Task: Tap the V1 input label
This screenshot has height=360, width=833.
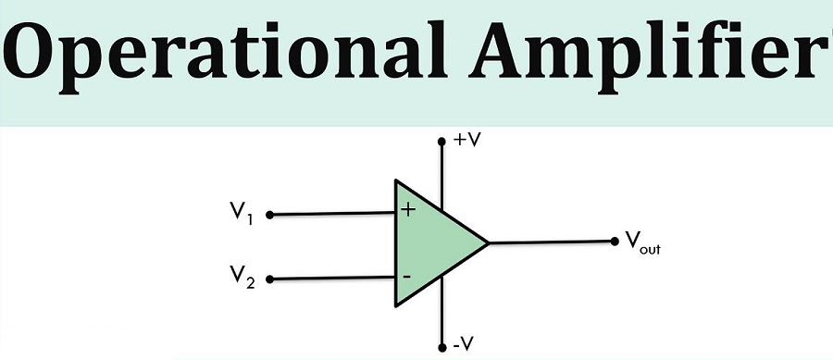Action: tap(242, 215)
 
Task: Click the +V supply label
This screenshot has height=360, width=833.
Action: tap(466, 142)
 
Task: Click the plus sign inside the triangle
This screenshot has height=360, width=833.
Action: tap(408, 210)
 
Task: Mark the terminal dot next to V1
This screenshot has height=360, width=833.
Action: tap(269, 215)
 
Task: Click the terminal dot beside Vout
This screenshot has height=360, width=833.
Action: tap(615, 242)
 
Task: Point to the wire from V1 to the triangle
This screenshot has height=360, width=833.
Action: tap(333, 215)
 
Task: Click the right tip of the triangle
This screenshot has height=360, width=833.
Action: tap(487, 243)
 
